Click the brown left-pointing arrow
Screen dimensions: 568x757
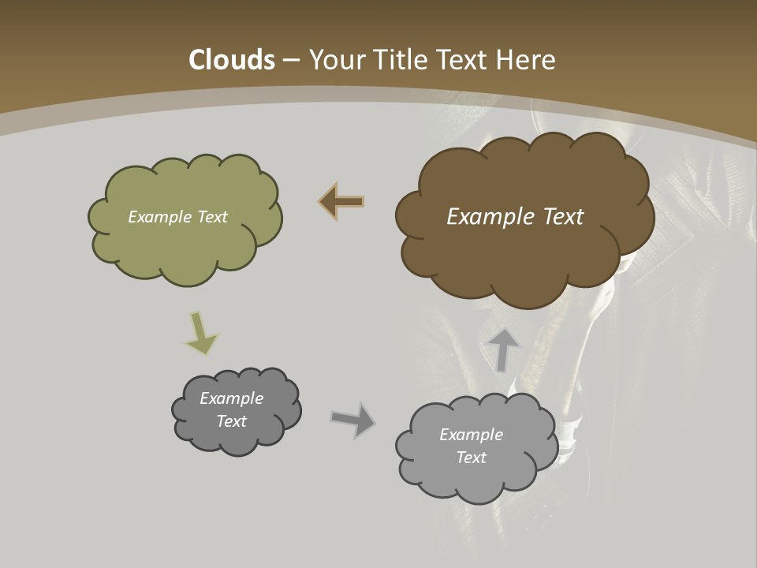pos(341,202)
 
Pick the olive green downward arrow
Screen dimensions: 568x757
pos(201,332)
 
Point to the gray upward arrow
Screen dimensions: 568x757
pos(504,349)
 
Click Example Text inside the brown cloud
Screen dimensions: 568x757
pos(515,217)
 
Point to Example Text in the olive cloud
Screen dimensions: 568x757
pos(177,217)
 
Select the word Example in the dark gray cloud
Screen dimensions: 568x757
pos(231,398)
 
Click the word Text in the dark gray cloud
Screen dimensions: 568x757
pos(231,421)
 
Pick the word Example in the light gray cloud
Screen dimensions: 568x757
pos(471,435)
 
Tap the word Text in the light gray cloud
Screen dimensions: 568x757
pos(471,458)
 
